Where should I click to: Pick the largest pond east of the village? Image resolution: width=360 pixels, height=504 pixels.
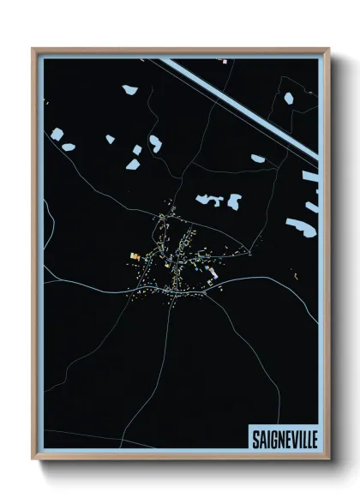coord(300,227)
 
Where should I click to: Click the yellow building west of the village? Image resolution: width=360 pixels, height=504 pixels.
coord(135,255)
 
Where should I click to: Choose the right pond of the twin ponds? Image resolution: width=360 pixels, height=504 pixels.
coord(233,202)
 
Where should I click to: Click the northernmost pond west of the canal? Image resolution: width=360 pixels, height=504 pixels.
coord(130,89)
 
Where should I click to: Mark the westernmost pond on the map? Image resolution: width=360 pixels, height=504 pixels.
coord(57,135)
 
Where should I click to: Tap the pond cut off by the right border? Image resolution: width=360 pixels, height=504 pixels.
coord(310,180)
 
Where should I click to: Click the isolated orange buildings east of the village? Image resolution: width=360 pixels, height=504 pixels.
coord(294,276)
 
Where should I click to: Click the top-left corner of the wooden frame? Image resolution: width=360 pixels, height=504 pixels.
coord(33,49)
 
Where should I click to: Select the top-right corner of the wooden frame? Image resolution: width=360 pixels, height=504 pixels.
coord(328,49)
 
